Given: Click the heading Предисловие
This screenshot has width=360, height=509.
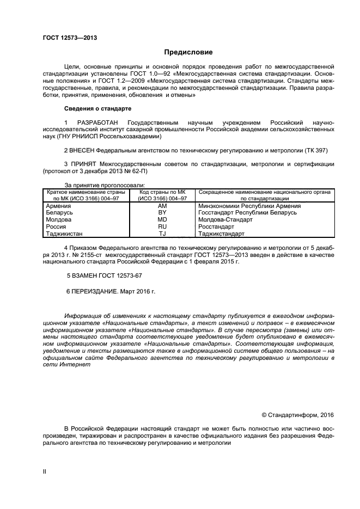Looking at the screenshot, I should tap(188, 52).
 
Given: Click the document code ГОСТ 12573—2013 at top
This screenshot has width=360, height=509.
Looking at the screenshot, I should tap(70, 38).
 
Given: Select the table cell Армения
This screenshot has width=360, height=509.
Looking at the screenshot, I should tap(58, 206).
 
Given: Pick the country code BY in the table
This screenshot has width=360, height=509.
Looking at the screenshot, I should tap(162, 213).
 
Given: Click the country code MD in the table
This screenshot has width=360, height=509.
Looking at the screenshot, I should tap(162, 220).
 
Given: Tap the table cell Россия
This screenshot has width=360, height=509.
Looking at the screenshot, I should tap(57, 226).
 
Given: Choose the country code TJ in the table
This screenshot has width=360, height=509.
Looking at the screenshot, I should tap(162, 234).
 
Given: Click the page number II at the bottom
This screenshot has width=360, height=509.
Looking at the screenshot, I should tap(45, 471).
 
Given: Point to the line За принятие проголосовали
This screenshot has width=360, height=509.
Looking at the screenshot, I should tap(105, 185).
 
